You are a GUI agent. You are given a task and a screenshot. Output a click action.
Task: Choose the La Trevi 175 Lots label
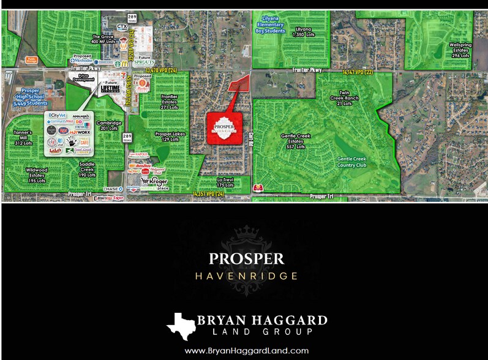tap(225, 182)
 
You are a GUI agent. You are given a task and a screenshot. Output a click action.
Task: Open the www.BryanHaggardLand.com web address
tap(246, 350)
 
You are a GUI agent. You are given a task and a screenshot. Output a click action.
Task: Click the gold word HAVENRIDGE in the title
tap(246, 276)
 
